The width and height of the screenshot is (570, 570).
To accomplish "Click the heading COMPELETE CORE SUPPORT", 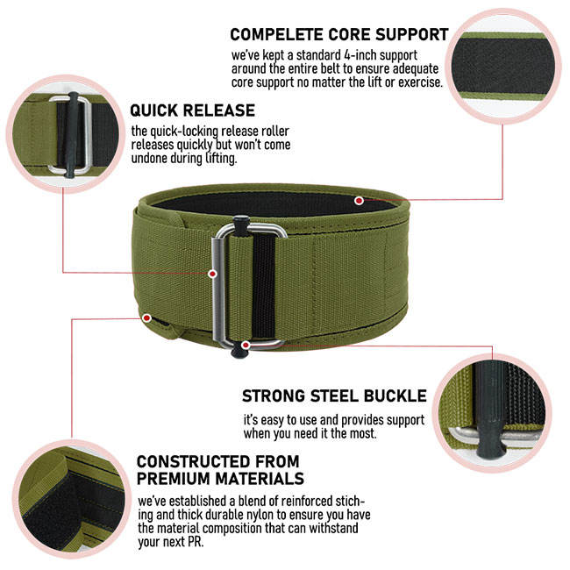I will tap(338, 35).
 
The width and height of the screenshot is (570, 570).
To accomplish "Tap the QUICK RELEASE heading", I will tap(193, 111).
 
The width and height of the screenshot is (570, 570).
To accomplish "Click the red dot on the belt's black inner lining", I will tap(359, 201).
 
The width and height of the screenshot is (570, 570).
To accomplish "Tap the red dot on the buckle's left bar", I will tap(212, 274).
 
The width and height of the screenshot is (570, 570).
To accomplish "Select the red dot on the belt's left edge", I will tap(146, 317).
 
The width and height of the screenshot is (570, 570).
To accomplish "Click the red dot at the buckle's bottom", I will tap(247, 346).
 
